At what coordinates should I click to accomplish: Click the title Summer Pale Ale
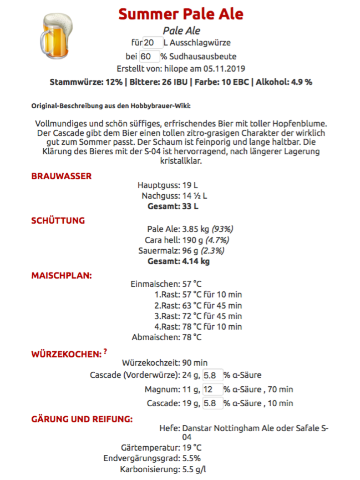[x=180, y=14]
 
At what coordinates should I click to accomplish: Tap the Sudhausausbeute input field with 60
[x=149, y=56]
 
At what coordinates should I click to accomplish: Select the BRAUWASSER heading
[x=61, y=176]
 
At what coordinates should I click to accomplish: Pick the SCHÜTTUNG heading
[x=58, y=220]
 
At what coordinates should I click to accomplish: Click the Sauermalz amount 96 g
[x=192, y=251]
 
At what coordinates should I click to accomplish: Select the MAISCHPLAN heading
[x=61, y=275]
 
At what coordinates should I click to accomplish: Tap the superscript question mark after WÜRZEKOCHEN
[x=105, y=351]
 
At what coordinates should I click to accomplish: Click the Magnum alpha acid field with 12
[x=212, y=389]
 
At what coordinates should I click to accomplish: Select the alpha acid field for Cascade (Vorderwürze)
[x=212, y=375]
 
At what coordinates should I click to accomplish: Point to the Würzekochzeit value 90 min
[x=195, y=363]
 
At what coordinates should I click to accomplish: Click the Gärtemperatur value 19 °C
[x=192, y=447]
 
